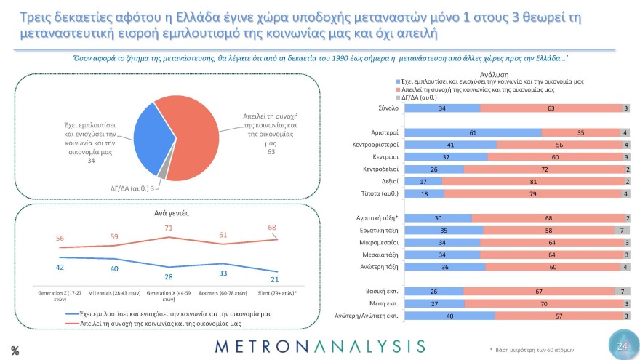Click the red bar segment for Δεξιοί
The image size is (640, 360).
533,181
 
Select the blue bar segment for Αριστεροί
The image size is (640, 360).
472,132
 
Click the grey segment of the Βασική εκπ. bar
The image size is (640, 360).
623,292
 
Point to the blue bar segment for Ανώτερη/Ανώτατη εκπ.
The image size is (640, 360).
449,316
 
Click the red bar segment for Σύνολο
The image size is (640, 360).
551,108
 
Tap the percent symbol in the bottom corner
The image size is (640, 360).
15,350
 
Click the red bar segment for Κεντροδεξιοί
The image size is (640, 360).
542,169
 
